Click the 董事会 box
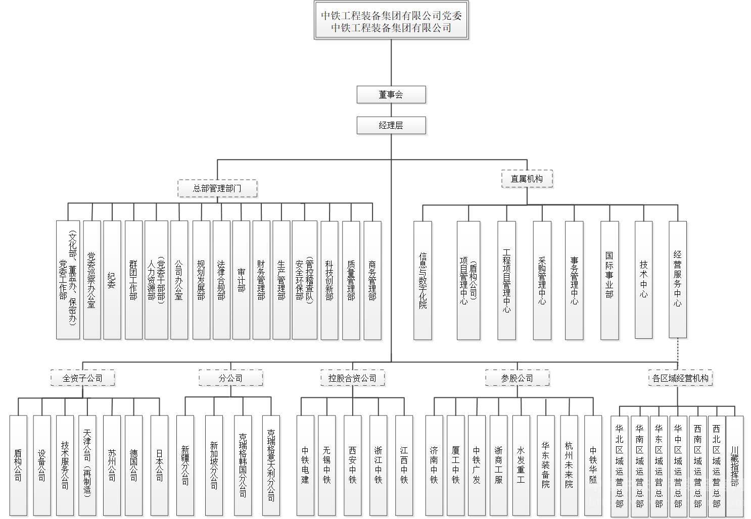[x=391, y=94]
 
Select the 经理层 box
[x=391, y=125]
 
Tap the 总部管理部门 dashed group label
[x=217, y=188]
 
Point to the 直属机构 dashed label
[x=527, y=179]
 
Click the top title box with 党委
[x=391, y=21]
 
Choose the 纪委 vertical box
[x=112, y=279]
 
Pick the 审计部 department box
[x=241, y=279]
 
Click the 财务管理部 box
[x=261, y=279]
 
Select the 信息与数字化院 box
[x=423, y=280]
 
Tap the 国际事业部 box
[x=609, y=280]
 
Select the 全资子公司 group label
[x=82, y=378]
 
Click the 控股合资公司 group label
[x=352, y=378]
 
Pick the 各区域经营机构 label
[x=680, y=378]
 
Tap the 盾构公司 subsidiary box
[x=18, y=465]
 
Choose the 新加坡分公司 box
[x=214, y=465]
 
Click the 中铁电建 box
[x=305, y=465]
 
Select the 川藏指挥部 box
[x=734, y=465]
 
